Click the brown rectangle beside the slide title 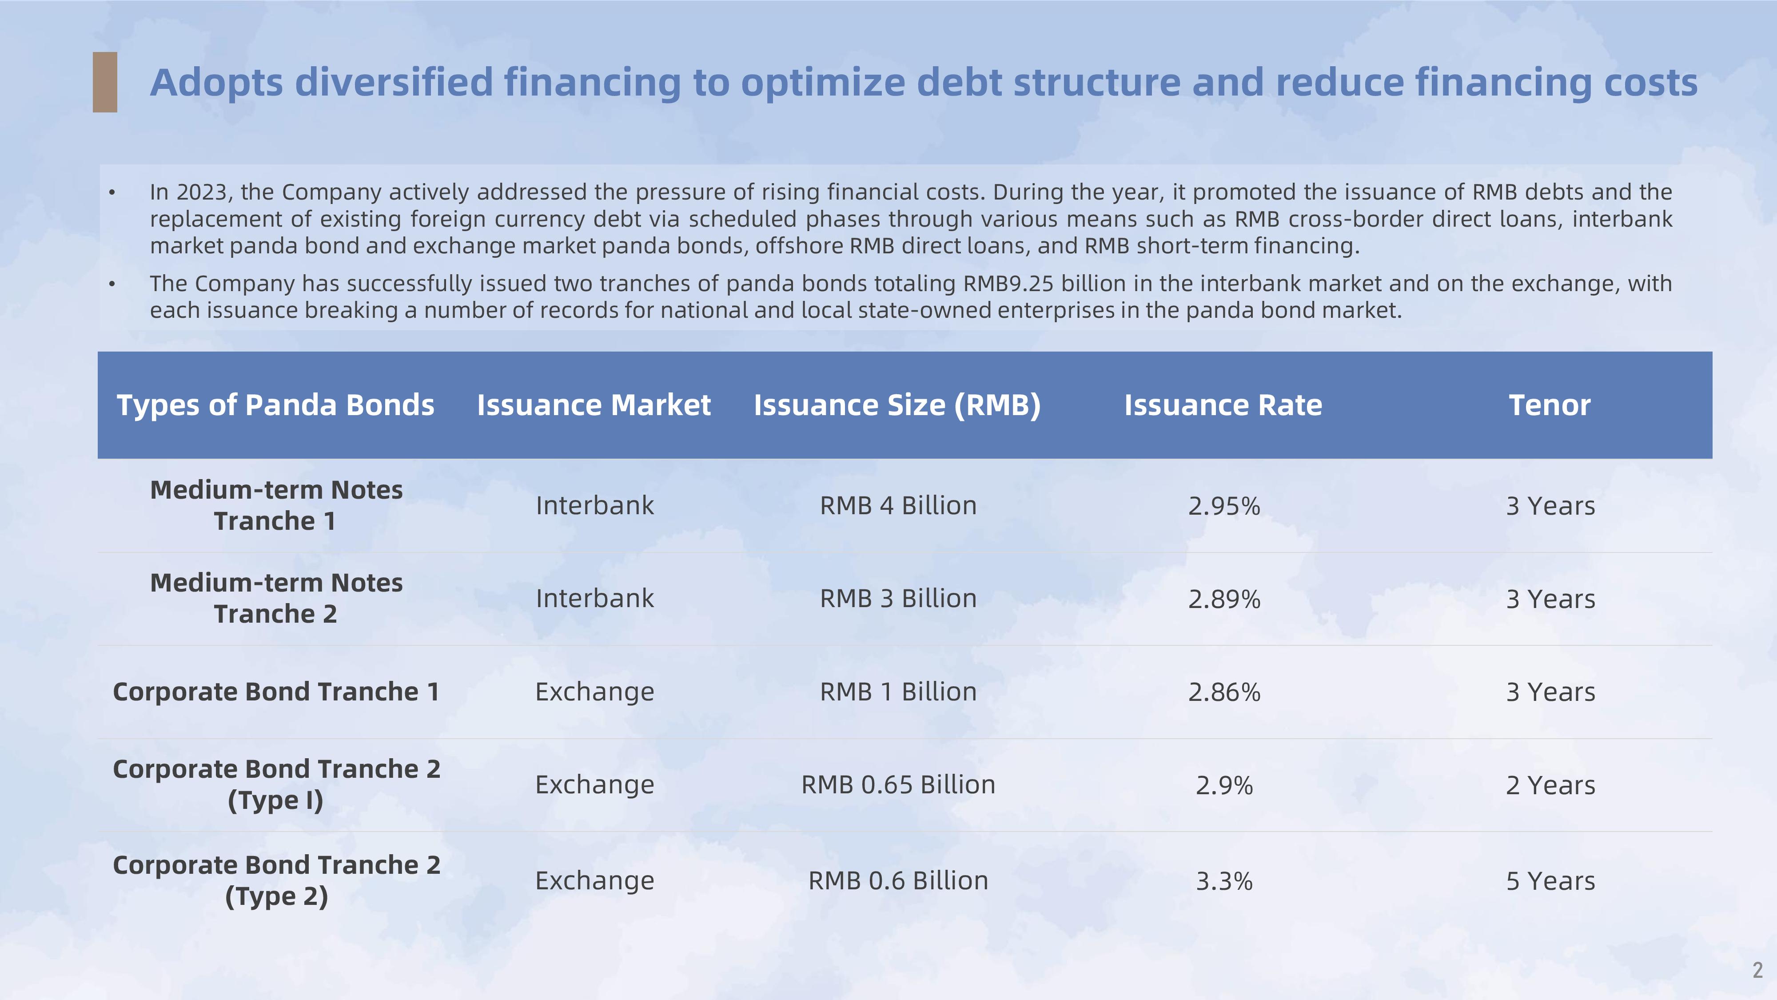105,82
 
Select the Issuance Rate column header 1223,405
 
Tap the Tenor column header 1550,405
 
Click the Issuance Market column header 594,405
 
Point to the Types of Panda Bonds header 275,405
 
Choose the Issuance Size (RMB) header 897,405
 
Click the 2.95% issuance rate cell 1224,506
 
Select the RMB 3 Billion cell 898,598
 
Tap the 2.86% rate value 1224,692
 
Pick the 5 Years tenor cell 1550,881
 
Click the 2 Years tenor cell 1550,785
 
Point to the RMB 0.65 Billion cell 898,785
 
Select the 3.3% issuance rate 1224,881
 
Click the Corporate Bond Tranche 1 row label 276,692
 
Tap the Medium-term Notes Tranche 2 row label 276,598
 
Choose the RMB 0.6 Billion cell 898,880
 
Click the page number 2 1757,970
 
